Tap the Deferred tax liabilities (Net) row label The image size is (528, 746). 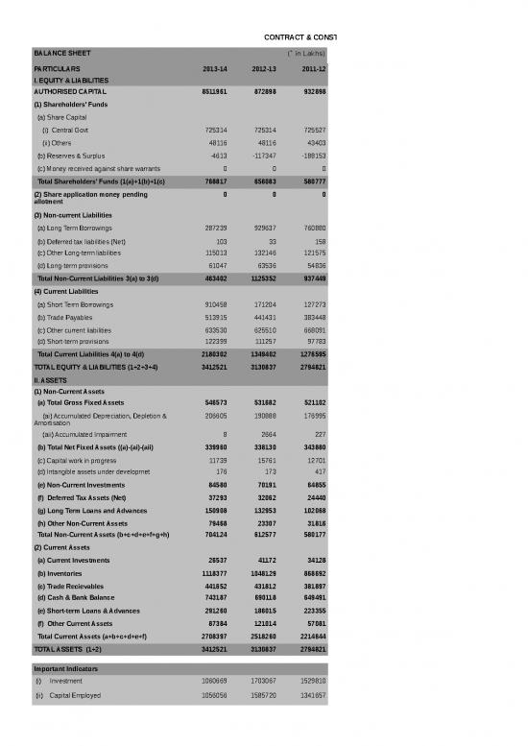pos(81,240)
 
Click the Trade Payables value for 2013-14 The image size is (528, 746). pos(213,317)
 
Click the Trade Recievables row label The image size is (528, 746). pos(73,585)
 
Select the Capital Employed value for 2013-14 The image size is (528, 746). pos(213,693)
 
